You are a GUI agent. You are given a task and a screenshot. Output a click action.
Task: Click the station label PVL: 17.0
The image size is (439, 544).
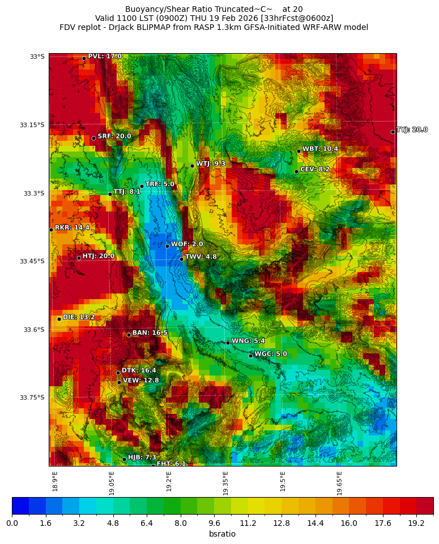pos(105,57)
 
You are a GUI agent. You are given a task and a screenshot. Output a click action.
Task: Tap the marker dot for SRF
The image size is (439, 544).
pos(93,138)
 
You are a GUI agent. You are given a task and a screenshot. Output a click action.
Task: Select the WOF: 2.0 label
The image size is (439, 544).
pos(187,244)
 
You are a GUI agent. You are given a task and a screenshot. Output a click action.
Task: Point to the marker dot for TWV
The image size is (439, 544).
pos(181,259)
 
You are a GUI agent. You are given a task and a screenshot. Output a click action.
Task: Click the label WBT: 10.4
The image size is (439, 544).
pos(320,149)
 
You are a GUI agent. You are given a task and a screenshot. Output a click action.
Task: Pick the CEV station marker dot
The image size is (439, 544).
pos(296,171)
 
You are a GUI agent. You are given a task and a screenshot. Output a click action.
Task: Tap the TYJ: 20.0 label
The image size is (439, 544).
pos(412,130)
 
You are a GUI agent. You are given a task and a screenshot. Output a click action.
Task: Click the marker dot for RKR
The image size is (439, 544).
pos(51,230)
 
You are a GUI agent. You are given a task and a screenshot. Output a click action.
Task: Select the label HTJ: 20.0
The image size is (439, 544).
pos(99,256)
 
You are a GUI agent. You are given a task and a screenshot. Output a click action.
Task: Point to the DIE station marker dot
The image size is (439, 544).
pos(59,319)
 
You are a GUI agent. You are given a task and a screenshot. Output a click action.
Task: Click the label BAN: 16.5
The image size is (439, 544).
pos(150,333)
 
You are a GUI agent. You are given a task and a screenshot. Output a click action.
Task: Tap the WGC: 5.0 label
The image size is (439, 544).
pos(271,354)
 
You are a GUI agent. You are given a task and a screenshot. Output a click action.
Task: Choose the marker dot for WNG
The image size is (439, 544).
pos(228,343)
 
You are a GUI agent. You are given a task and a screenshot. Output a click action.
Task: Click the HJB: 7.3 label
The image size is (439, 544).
pos(142,457)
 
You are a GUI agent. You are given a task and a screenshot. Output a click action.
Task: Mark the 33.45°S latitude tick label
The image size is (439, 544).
pos(32,261)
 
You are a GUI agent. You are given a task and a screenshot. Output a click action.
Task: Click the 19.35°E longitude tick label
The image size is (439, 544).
pos(225,483)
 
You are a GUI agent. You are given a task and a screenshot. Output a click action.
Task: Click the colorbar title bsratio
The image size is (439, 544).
pos(222,534)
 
